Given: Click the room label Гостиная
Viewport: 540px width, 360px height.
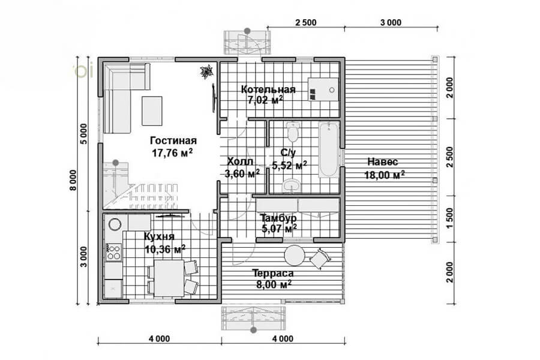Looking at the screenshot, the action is point(173,140).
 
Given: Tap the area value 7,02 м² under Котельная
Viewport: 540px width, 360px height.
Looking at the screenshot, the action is point(266,100).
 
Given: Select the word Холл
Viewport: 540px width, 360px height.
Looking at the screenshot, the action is point(240,161).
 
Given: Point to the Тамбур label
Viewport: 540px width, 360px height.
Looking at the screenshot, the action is point(278,218).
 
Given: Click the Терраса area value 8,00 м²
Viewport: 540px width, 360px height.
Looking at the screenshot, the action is point(274,284).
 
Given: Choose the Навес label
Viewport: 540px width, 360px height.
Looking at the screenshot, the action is point(383,161).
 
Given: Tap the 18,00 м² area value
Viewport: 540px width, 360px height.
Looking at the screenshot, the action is point(385,175).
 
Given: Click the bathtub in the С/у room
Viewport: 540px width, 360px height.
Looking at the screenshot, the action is point(328,149).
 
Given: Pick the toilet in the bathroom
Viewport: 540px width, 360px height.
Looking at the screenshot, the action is point(293,132).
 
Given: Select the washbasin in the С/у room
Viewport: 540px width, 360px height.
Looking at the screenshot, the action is point(292,185).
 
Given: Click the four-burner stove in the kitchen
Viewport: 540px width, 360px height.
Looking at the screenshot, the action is point(113,252).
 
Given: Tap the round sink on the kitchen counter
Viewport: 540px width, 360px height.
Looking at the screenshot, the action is point(115,224).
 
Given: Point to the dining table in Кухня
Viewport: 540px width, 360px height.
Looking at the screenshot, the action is point(169,278).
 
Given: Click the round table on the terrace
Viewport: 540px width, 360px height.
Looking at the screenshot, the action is point(295,255).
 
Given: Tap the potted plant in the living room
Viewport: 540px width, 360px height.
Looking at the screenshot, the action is point(208,72).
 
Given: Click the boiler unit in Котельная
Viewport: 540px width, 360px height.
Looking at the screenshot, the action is point(323,89).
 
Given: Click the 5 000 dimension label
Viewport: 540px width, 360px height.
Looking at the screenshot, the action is point(83,134).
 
